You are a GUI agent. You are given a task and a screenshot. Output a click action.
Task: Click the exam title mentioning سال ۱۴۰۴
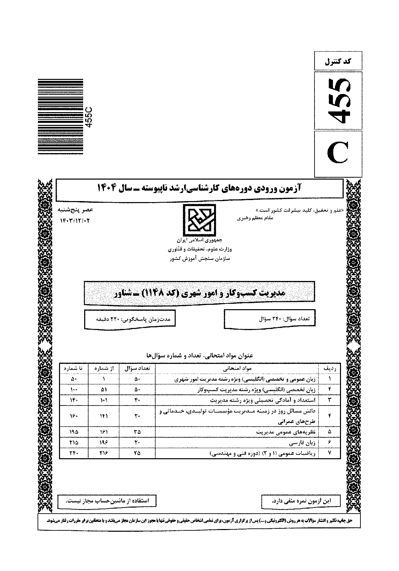[x=199, y=188]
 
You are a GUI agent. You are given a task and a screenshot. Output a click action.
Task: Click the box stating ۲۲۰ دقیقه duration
[x=129, y=319]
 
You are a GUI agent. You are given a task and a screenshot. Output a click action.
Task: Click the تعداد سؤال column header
[x=137, y=368]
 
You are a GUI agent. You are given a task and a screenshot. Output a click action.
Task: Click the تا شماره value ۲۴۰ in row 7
[x=74, y=453]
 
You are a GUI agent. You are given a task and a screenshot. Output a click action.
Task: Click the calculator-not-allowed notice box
[x=107, y=501]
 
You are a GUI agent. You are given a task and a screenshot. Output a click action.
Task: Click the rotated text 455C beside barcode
[x=89, y=116]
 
